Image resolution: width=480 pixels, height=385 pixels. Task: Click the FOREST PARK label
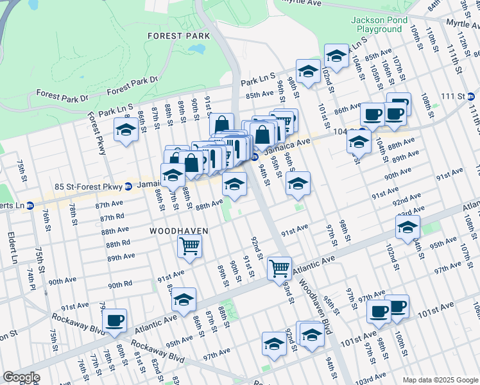174,36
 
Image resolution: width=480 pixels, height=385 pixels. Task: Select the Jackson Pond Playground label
376,24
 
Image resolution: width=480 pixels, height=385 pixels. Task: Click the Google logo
21,377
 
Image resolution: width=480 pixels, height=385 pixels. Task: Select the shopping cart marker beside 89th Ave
189,246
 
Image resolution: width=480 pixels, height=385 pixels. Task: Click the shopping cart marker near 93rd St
279,268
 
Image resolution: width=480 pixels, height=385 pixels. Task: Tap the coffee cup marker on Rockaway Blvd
114,321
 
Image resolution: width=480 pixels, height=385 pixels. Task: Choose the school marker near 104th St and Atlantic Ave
407,228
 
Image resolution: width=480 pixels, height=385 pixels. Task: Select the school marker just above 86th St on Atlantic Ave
184,300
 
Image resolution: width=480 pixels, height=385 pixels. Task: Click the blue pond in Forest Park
198,49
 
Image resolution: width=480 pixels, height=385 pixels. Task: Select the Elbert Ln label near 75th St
13,248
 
